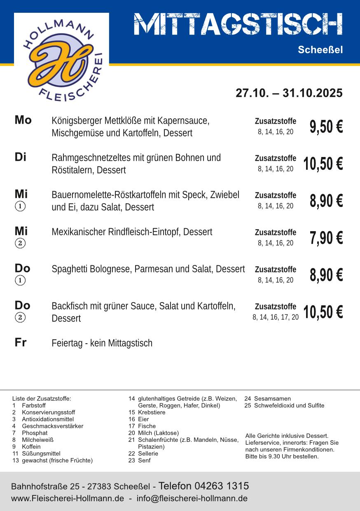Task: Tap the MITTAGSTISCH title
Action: coord(238,24)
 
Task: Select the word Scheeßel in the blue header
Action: coord(320,50)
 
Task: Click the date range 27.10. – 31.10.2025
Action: coord(289,93)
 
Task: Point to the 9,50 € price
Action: coord(326,127)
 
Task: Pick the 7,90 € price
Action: coord(326,238)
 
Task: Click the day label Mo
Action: coord(23,120)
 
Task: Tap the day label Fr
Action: coord(21,342)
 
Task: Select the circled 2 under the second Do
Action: coord(20,318)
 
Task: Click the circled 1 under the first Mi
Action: coord(20,206)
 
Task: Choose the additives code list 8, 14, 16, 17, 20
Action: coord(276,317)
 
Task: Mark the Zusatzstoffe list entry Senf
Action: coord(144,460)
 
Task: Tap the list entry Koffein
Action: coord(31,446)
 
